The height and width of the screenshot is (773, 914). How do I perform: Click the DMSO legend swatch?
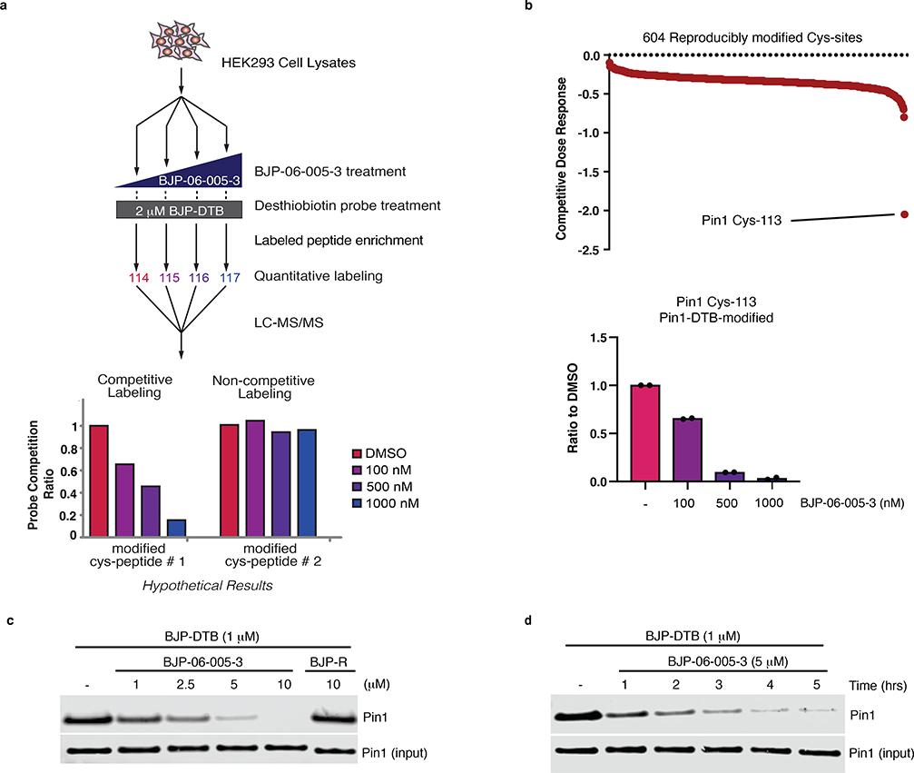tap(357, 452)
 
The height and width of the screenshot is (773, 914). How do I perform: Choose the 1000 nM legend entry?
tap(389, 503)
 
